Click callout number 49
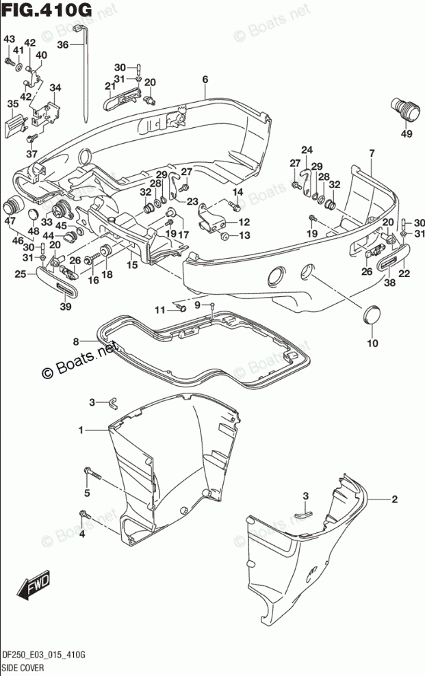coord(407,133)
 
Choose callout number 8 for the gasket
coord(77,340)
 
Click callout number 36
coord(62,44)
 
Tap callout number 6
coord(205,79)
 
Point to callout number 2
coord(394,499)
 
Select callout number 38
coord(389,282)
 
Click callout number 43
coord(9,40)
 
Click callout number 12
coord(244,222)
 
